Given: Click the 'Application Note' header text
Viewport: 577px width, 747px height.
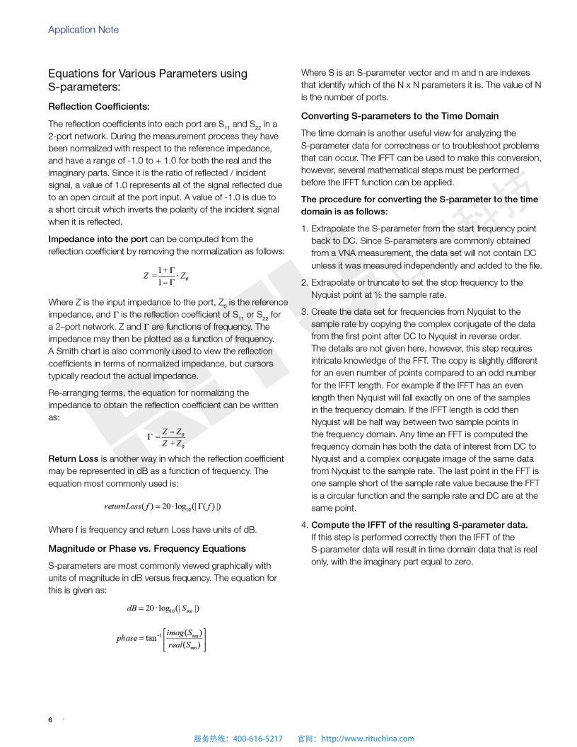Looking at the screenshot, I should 83,30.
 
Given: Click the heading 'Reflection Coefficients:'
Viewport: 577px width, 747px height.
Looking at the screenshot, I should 98,107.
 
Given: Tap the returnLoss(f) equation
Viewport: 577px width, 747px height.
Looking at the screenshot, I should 165,506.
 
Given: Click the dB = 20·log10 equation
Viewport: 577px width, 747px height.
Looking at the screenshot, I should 163,608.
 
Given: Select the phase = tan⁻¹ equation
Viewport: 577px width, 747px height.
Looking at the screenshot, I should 162,638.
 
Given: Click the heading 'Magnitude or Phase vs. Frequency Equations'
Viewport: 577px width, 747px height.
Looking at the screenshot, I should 147,548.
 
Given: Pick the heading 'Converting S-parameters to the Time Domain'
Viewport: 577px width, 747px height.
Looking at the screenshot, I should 400,116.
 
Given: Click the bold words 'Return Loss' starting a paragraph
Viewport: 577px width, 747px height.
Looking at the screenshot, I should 71,459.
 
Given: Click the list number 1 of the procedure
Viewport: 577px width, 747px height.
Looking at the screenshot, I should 304,228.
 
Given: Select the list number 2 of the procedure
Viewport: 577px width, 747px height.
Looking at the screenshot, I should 304,282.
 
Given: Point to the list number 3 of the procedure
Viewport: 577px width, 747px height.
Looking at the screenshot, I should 304,311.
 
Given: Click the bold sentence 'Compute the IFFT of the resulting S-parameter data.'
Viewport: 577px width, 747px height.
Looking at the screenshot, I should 420,525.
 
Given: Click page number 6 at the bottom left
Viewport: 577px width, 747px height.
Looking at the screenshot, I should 50,720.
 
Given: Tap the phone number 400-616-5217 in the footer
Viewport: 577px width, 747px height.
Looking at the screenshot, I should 257,739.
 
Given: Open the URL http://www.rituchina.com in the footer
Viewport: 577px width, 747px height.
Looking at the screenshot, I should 368,739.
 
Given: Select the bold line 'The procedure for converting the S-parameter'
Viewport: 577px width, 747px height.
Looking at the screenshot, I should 419,199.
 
